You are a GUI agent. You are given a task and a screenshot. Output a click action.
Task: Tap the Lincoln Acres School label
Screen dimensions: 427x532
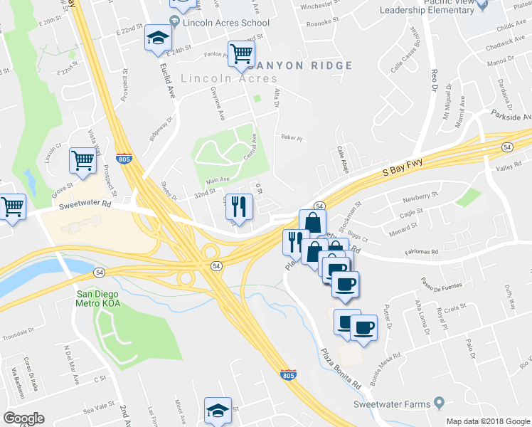coord(225,22)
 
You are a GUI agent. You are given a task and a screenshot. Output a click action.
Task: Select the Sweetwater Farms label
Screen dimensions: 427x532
coord(392,404)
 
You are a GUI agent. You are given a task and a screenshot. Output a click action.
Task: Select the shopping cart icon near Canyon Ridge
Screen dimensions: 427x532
coord(241,53)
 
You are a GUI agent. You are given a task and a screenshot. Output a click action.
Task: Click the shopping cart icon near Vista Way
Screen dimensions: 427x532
coord(83,161)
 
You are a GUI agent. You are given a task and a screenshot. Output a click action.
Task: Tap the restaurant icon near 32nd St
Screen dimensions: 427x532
coord(239,207)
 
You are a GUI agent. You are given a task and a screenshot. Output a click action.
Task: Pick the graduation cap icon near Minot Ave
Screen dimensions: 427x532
coord(218,410)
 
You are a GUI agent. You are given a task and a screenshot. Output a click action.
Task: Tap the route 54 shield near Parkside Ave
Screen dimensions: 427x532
coord(506,147)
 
